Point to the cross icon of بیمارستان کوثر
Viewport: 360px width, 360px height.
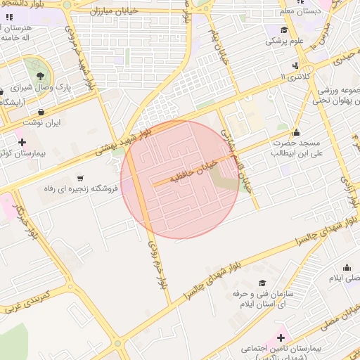click(x=22, y=143)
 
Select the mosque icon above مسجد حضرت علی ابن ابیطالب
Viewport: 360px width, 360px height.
click(x=295, y=132)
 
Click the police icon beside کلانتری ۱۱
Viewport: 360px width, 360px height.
click(x=296, y=65)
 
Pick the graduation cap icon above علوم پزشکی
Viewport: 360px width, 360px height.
click(x=284, y=30)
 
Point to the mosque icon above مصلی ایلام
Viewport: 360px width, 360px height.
click(x=346, y=267)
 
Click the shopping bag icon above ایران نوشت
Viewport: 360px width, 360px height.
click(x=41, y=111)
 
